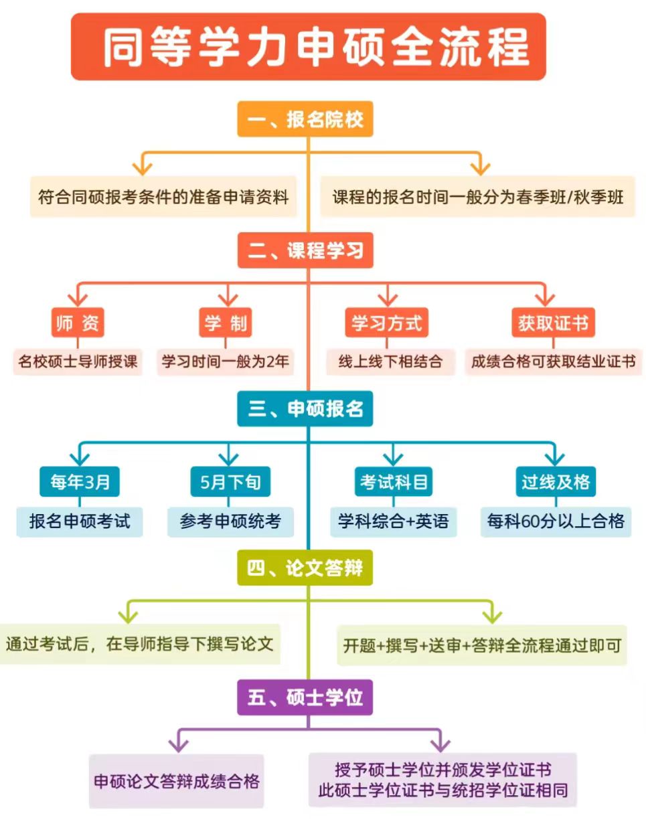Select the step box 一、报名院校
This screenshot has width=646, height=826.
pos(305,119)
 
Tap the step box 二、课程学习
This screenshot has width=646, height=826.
pos(305,250)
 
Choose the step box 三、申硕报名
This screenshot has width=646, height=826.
pos(305,408)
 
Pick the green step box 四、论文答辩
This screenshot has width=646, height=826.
pos(305,568)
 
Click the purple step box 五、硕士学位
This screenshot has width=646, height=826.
pos(305,697)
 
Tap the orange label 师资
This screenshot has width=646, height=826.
pos(78,323)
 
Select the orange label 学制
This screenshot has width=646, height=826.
pos(226,323)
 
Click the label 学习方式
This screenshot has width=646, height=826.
pos(386,323)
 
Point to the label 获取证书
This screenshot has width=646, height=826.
pos(552,323)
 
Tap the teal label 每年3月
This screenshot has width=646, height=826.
pos(80,481)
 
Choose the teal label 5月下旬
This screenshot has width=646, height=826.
pos(230,481)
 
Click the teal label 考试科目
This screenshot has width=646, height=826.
pos(394,481)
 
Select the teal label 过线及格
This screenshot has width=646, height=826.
pos(556,481)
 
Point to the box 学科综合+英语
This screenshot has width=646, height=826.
pos(394,521)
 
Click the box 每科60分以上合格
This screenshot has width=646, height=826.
pos(556,521)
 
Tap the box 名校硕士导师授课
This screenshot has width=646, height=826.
pos(78,361)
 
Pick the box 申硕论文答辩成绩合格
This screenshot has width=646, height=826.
pos(177,781)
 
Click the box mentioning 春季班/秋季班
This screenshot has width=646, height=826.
pos(477,197)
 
